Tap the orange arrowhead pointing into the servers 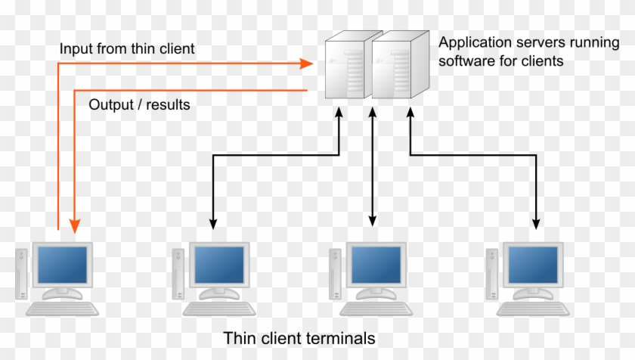pyautogui.click(x=306, y=64)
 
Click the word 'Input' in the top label pyautogui.click(x=74, y=48)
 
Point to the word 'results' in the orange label pyautogui.click(x=167, y=105)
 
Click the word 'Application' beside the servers pyautogui.click(x=473, y=42)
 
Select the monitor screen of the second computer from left pyautogui.click(x=218, y=265)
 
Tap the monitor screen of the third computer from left pyautogui.click(x=376, y=265)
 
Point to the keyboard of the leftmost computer pyautogui.click(x=63, y=309)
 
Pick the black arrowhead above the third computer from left pyautogui.click(x=372, y=220)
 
